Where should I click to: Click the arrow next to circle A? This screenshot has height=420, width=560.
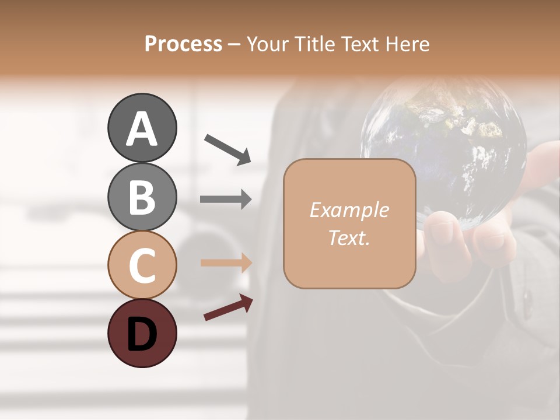coord(228,148)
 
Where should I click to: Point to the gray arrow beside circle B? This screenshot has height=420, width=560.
coord(226,199)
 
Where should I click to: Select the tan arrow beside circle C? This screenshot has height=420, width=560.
coord(226,262)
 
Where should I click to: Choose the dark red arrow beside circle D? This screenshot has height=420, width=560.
coord(228,307)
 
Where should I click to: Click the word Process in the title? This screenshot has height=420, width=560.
coord(183,44)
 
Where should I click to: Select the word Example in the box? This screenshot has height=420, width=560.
coord(349,210)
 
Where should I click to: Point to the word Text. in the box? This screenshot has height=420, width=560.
coord(349,237)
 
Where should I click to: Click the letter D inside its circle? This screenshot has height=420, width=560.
coord(142,335)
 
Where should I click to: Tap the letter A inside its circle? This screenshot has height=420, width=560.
coord(142,129)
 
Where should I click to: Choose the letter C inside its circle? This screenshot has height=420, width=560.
coord(142,266)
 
